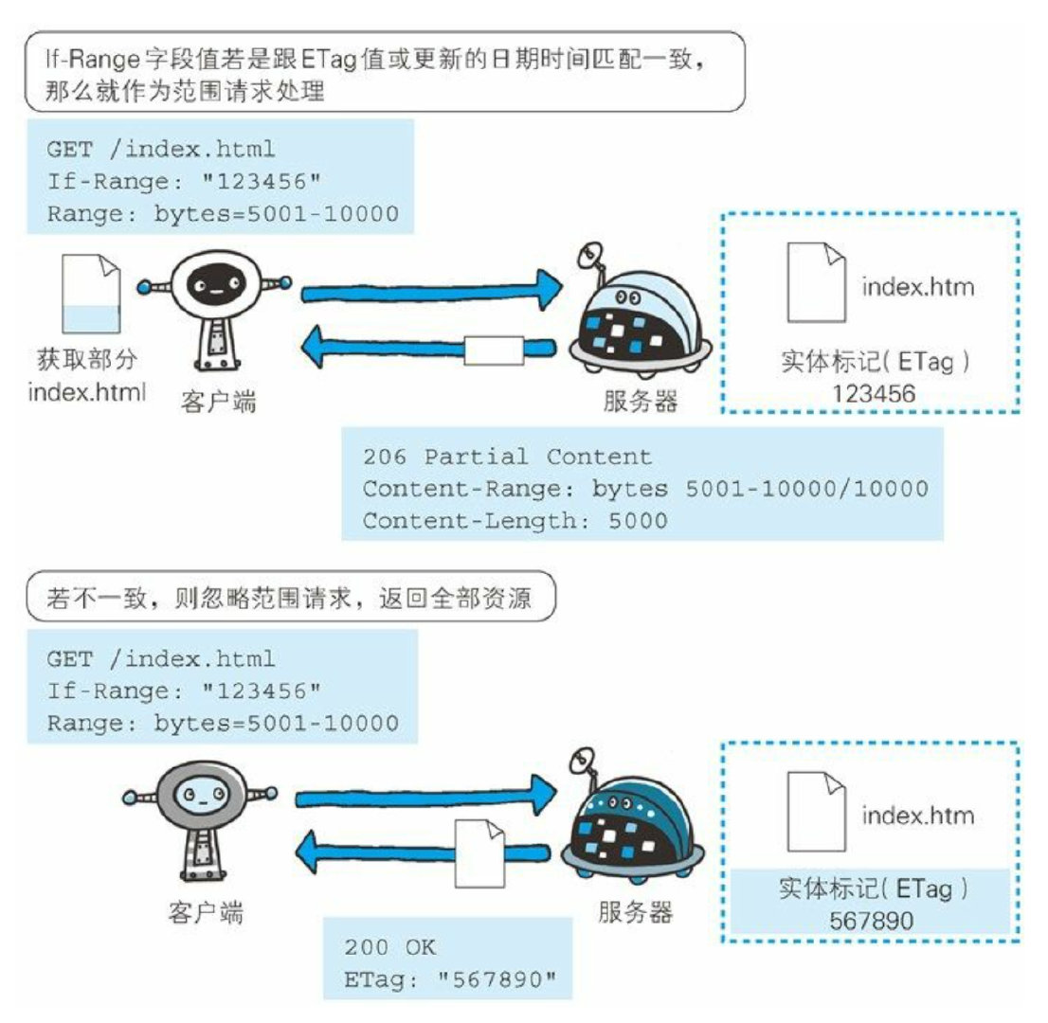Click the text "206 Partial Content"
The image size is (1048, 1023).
coord(507,457)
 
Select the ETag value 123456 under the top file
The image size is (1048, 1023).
coord(874,392)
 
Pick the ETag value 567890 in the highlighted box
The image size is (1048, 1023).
coord(873,921)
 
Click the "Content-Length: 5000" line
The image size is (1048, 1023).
coord(515,519)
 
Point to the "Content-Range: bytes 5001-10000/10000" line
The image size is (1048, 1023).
coord(644,488)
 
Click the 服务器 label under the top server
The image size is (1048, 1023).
coord(641,400)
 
